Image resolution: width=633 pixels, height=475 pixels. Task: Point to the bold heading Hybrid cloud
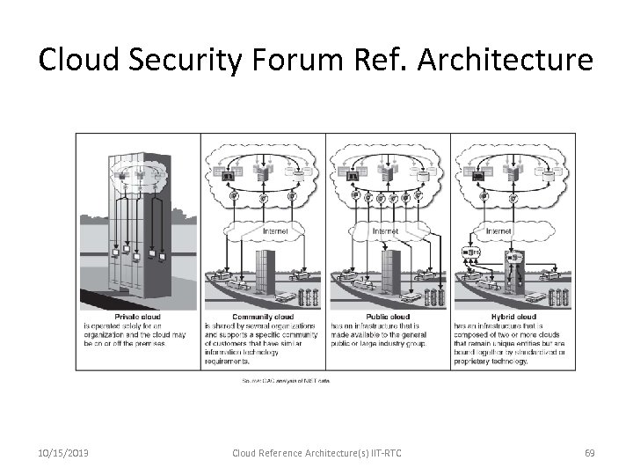coord(514,318)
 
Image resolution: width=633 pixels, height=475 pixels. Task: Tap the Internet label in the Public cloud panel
coord(386,232)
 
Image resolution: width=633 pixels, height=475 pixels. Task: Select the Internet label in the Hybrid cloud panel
coord(498,232)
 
